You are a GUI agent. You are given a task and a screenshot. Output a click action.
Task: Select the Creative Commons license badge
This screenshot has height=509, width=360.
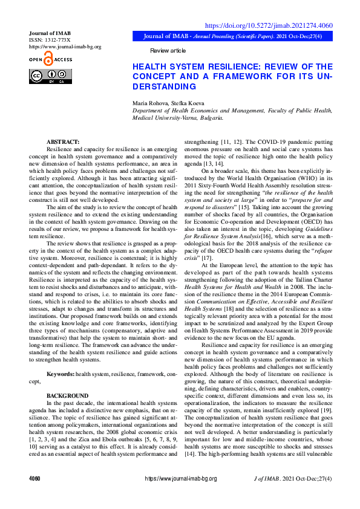(x=50, y=77)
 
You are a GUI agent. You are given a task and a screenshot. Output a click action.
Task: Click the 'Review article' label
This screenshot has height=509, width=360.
(x=168, y=51)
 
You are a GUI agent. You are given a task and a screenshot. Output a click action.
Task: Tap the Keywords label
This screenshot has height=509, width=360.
(x=61, y=375)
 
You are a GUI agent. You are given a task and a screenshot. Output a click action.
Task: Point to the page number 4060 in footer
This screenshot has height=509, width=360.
(x=34, y=479)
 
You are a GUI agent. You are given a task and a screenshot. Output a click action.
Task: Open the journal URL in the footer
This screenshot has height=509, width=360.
(x=180, y=479)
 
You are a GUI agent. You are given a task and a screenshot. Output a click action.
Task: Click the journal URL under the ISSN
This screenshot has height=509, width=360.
(x=65, y=47)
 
